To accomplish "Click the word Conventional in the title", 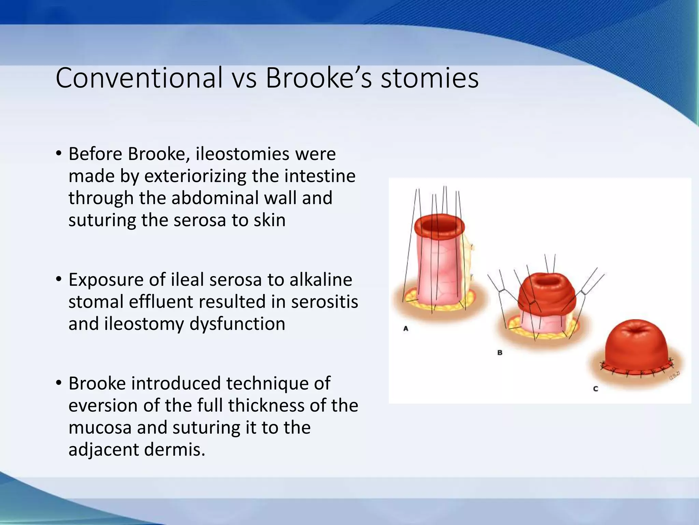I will (x=139, y=78).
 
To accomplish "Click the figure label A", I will (x=406, y=328).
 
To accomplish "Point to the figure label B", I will (x=500, y=352).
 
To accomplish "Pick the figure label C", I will (x=596, y=389).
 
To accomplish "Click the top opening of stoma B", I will (x=547, y=281).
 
